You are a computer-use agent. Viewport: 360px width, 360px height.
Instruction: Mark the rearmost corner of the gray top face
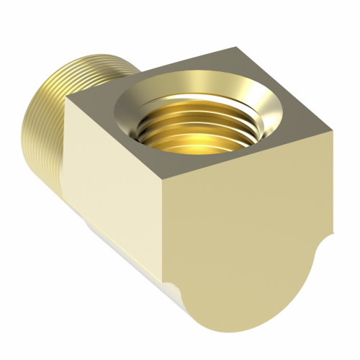(x=238, y=48)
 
